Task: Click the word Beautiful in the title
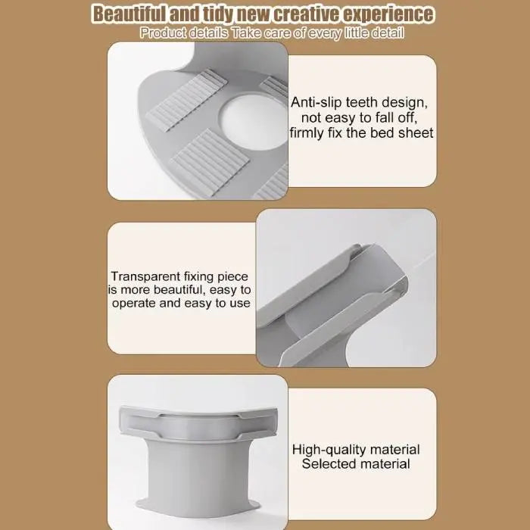click(129, 14)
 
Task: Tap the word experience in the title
click(388, 14)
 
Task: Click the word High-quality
click(329, 450)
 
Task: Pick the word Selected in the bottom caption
click(325, 463)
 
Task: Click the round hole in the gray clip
click(255, 123)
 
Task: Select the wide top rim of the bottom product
click(198, 423)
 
